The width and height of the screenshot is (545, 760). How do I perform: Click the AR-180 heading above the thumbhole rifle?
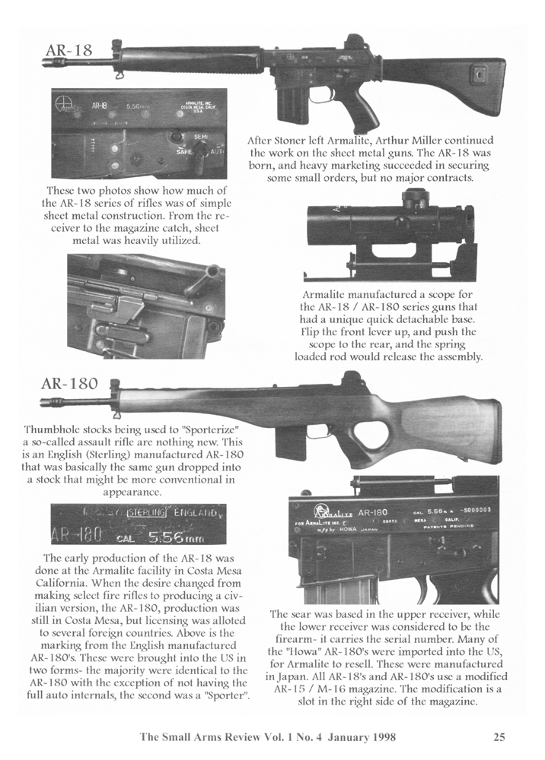coord(69,384)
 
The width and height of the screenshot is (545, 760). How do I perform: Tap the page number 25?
coord(499,736)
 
